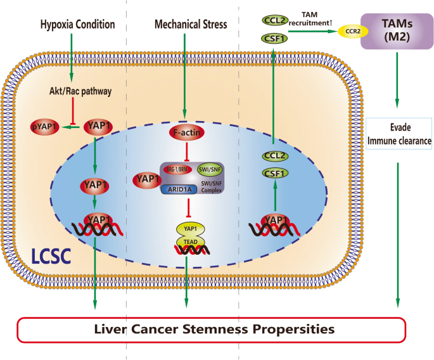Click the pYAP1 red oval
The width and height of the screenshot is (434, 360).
[46, 126]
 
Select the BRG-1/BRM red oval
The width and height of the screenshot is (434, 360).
[177, 169]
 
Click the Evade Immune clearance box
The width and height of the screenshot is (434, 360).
[397, 132]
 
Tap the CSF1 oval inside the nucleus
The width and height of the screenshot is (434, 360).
[272, 172]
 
